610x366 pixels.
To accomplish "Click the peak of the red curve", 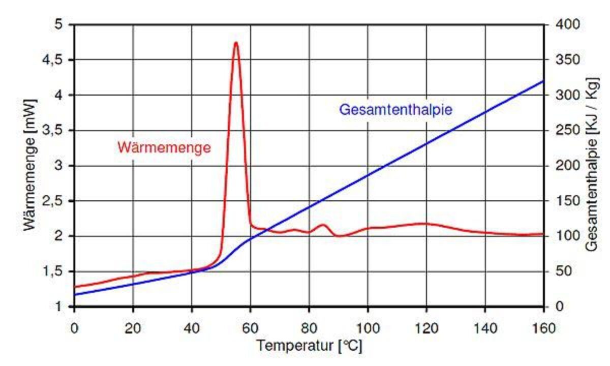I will (236, 43).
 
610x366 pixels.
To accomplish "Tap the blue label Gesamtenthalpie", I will (395, 109).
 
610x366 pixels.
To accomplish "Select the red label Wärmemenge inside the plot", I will (164, 148).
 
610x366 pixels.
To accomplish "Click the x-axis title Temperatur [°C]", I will (309, 346).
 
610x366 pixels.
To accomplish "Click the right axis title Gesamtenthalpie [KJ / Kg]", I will (591, 165).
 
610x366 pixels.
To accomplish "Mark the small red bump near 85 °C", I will (323, 225).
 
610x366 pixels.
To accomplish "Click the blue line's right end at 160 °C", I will (543, 81).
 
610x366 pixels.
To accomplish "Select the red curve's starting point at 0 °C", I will (75, 287).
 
